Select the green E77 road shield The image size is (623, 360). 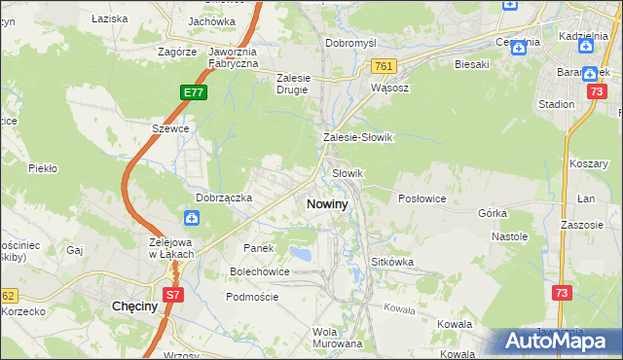(193, 92)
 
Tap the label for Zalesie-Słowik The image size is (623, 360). (357, 138)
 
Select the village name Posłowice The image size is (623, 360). (421, 198)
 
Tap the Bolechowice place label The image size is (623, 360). (259, 271)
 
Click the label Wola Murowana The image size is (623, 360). (338, 338)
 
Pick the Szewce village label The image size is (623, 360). (169, 128)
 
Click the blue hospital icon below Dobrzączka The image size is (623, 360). (192, 218)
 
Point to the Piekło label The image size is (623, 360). (43, 168)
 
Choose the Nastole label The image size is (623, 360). (509, 236)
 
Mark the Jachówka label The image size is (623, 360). (212, 21)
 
